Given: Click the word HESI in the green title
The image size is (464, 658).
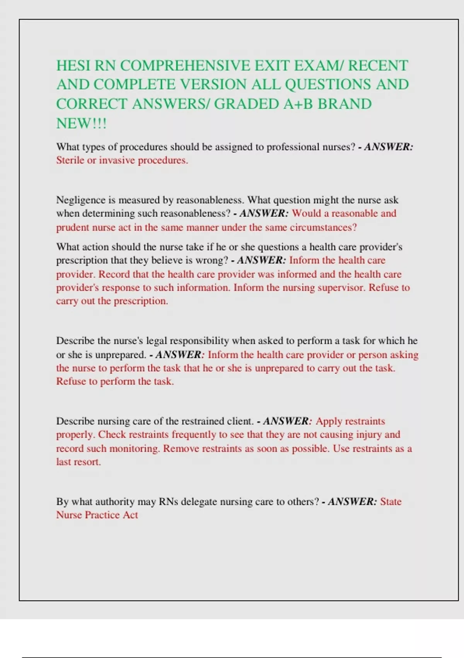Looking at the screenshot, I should click(73, 66).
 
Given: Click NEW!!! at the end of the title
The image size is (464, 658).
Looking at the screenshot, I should click(81, 124).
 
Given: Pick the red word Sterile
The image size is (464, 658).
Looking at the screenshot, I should click(70, 160).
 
